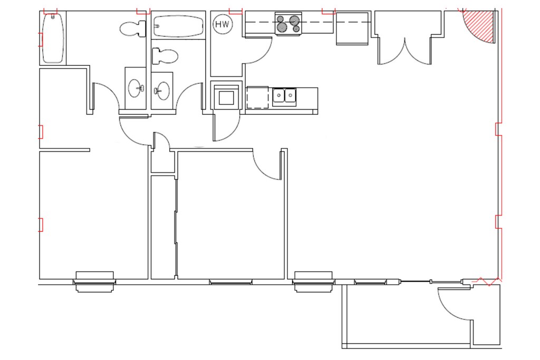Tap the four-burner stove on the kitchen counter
[x=288, y=24]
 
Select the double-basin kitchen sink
[x=285, y=96]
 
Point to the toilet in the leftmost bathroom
[x=132, y=28]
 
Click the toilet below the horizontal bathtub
[x=164, y=56]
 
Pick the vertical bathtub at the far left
[x=53, y=38]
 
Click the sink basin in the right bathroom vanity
[x=163, y=90]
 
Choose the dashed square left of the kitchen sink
[x=257, y=98]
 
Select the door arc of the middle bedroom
[x=267, y=164]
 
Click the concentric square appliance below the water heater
[x=227, y=98]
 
